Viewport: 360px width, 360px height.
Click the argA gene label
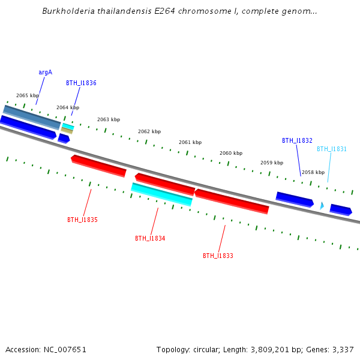click(45, 72)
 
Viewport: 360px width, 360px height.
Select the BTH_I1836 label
click(81, 83)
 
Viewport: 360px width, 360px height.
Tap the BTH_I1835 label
click(82, 220)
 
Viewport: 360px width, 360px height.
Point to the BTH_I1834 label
click(150, 238)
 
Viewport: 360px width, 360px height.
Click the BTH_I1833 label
click(218, 256)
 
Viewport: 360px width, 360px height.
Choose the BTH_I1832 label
click(297, 140)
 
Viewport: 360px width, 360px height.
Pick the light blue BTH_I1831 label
click(332, 149)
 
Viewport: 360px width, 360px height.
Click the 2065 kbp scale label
click(28, 95)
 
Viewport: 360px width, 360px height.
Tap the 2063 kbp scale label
click(109, 119)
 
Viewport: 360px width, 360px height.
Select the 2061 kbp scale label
click(190, 142)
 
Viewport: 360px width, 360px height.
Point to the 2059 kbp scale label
click(272, 163)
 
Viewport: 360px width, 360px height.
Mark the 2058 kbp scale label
click(313, 172)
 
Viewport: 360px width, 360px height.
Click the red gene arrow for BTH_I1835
click(99, 166)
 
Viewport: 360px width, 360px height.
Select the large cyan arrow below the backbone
click(161, 194)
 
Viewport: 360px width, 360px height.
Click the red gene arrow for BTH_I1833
click(232, 201)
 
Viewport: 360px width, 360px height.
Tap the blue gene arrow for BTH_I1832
click(295, 199)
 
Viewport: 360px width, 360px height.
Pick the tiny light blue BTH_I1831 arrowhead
click(322, 206)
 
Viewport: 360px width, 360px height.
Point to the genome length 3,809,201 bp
click(268, 349)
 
